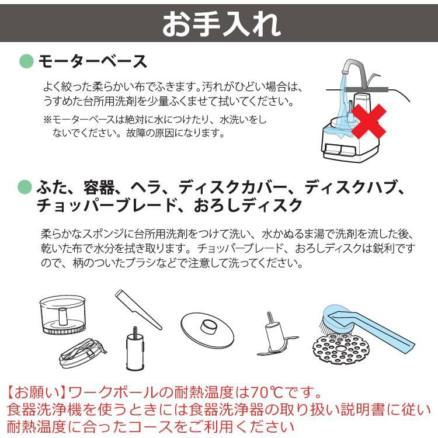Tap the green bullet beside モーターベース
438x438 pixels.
click(26, 61)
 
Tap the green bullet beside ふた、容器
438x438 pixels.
click(26, 187)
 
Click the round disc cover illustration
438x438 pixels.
click(207, 326)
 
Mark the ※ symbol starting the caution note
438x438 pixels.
click(47, 120)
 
